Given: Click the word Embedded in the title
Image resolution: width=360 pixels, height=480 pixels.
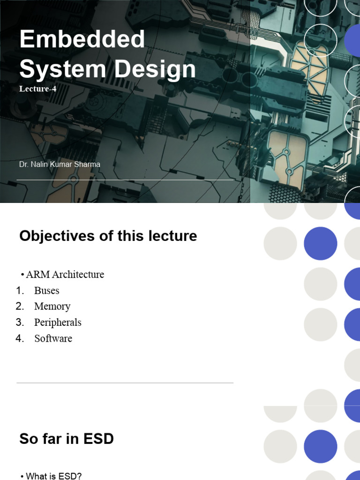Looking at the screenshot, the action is pos(82,39).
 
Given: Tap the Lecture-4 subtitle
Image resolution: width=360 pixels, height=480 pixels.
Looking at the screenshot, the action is pos(38,89).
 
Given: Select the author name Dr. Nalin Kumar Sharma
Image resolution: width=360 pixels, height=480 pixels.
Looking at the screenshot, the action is pos(60,165).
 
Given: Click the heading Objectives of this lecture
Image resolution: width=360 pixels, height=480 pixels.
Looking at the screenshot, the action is pos(108,236).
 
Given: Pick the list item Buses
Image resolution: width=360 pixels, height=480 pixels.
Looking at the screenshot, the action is pos(46,291).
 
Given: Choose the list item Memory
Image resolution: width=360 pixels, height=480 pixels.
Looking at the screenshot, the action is pos(52,307).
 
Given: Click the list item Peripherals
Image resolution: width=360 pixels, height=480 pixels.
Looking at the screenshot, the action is pos(58,322).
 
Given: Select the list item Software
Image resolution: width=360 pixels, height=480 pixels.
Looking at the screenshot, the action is pos(53,338).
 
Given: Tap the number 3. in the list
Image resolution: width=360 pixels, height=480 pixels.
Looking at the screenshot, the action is pos(20,322).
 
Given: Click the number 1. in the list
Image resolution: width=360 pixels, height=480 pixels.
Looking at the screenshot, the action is pos(20,291).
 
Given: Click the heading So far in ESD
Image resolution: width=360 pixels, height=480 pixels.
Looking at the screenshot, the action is pos(67,439).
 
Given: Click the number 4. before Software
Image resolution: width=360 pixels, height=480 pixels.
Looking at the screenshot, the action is pos(20,338).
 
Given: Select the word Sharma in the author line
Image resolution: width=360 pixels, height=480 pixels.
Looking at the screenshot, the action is pos(87,165).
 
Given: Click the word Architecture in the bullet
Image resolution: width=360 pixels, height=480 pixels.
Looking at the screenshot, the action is pos(78,274).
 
